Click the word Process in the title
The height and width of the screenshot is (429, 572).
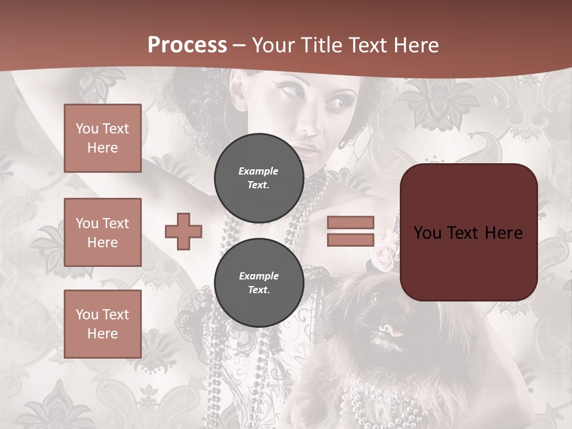tap(187, 45)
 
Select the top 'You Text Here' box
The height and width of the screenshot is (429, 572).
tap(102, 138)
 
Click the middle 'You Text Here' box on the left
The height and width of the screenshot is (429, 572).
tap(102, 232)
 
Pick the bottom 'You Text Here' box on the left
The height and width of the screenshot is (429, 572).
tap(102, 324)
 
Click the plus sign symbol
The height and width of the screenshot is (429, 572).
tap(184, 231)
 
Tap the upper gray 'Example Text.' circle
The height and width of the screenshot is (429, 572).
tap(259, 178)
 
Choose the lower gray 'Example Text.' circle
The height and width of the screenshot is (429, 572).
tap(259, 282)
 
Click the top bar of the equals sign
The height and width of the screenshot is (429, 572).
tap(351, 222)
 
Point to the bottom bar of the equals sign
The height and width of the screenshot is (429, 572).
tap(351, 240)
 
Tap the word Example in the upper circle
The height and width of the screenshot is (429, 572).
tap(259, 171)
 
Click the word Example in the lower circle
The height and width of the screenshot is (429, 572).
tap(259, 276)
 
